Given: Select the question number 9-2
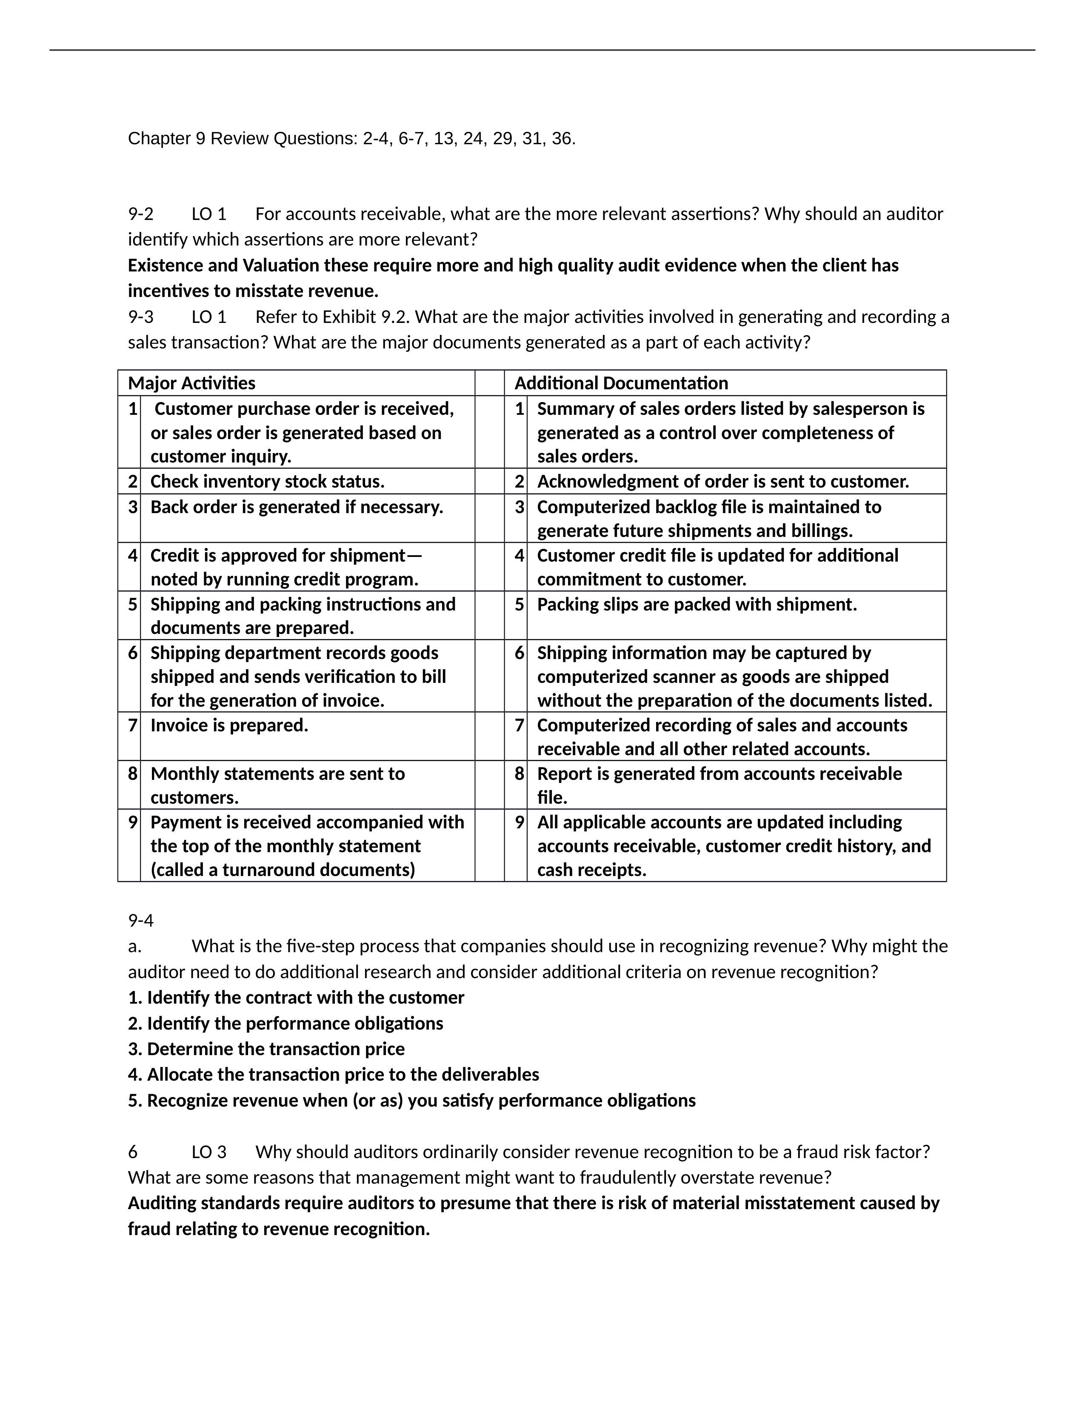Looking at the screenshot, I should click(141, 214).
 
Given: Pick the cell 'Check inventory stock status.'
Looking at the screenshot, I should click(267, 482).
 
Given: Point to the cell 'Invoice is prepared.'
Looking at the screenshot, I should click(229, 725).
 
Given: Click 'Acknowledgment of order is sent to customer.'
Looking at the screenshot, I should click(723, 482).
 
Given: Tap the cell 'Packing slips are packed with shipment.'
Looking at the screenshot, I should click(697, 604).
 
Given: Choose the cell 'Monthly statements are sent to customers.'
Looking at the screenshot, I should click(278, 785).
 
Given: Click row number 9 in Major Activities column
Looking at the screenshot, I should click(132, 822).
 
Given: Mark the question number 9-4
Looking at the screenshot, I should click(141, 921).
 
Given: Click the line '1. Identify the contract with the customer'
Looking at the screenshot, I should click(296, 998).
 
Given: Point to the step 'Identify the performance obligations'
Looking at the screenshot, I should click(295, 1023).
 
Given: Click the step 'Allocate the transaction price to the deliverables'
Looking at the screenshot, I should click(343, 1075).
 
